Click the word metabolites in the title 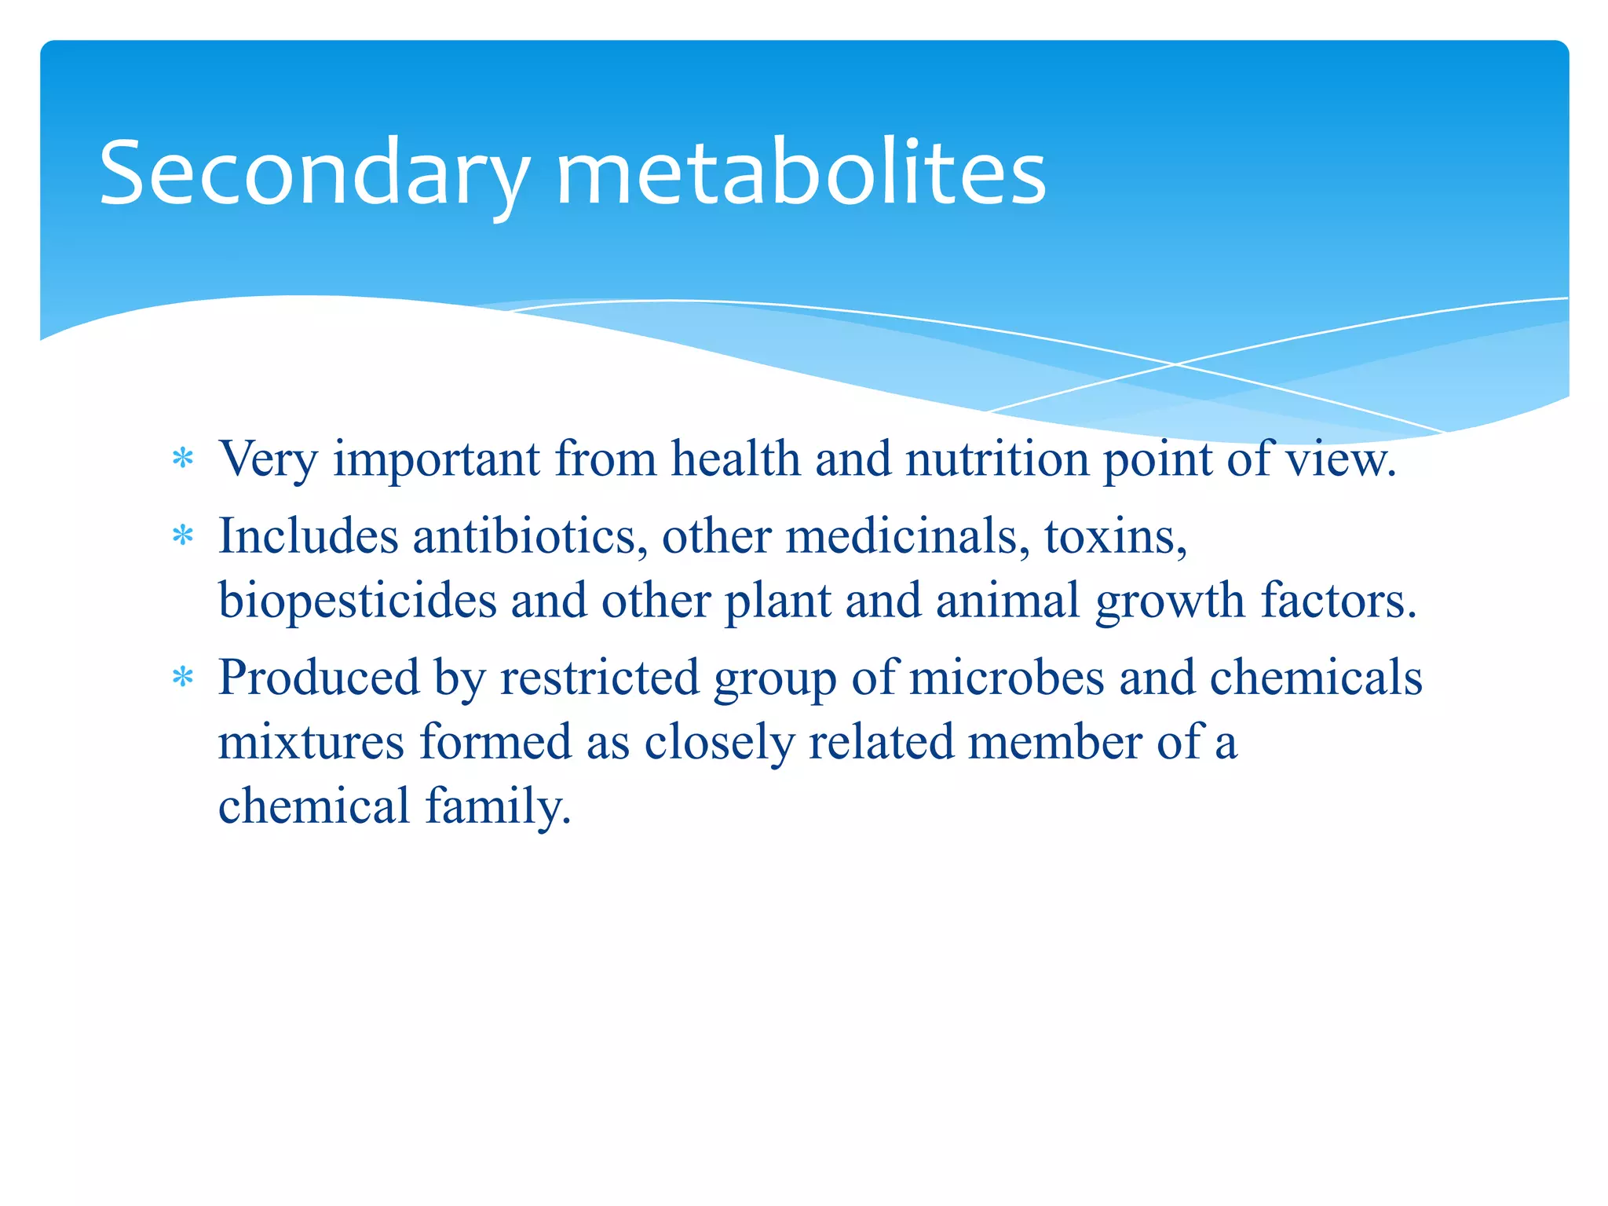(801, 173)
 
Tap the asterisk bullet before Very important (183, 458)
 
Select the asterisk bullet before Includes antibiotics (183, 536)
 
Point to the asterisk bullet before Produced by (183, 677)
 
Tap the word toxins (1115, 537)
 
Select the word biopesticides (357, 601)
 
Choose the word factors (1338, 601)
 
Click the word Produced (319, 678)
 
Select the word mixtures (311, 743)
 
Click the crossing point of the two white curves (1175, 364)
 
